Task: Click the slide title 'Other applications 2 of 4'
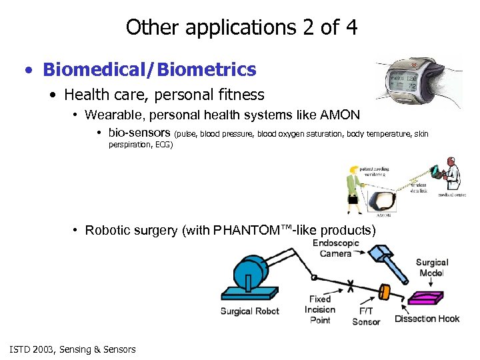[241, 27]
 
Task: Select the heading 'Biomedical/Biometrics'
[149, 69]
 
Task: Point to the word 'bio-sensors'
[139, 133]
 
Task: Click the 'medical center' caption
[452, 196]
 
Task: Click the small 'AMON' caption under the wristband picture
[385, 215]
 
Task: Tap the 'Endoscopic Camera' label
[335, 248]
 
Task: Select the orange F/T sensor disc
[384, 293]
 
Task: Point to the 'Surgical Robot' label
[250, 311]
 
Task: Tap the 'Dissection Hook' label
[427, 319]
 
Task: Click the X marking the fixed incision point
[350, 285]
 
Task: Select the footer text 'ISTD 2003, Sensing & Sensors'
[73, 349]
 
